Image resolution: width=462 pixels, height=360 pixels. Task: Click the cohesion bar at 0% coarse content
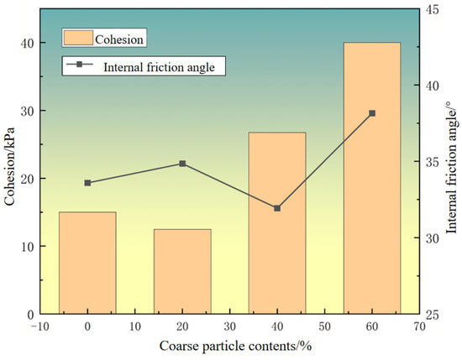87,263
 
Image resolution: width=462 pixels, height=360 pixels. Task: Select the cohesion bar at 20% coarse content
182,271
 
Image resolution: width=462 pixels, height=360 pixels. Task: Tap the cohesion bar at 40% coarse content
277,223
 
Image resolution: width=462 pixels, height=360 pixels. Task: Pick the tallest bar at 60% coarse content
372,178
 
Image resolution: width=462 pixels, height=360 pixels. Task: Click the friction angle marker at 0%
87,183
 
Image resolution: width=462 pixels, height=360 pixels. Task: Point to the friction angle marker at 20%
182,164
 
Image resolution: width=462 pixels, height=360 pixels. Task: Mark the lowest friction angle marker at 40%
277,208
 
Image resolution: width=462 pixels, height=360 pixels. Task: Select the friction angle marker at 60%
372,113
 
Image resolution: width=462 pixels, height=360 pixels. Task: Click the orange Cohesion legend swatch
78,38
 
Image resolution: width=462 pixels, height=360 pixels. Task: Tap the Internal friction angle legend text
159,67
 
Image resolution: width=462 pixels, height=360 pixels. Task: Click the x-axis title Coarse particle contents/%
235,346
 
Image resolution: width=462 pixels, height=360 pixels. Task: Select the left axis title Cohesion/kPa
9,166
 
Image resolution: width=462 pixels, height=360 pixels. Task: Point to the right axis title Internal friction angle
452,167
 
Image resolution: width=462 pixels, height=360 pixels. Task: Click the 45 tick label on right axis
432,9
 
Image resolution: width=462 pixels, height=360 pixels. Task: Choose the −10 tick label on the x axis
39,326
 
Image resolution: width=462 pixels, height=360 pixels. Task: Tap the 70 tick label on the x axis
419,326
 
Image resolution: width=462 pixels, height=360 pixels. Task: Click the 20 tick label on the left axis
28,179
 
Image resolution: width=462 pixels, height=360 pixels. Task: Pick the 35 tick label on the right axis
432,162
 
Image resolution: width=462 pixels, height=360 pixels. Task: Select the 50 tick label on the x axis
325,326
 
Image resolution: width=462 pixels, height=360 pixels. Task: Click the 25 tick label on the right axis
432,315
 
